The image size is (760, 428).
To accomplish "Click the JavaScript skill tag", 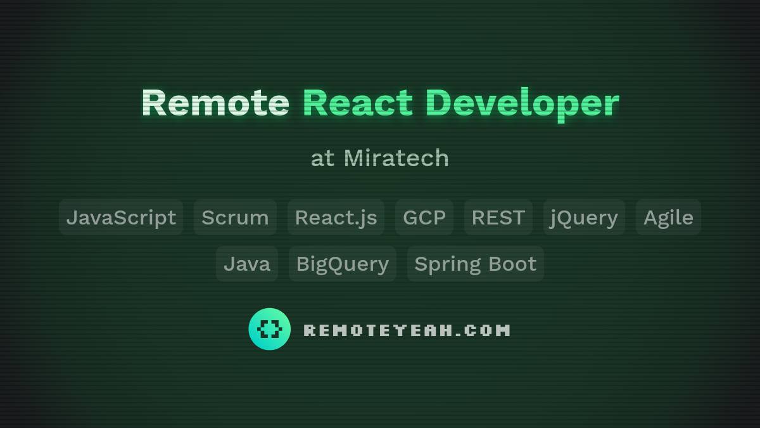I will point(121,217).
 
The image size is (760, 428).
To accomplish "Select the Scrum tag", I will point(235,217).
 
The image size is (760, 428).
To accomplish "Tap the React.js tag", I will point(336,217).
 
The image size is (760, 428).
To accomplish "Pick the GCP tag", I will point(424,217).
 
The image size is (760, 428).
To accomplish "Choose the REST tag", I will point(498,217).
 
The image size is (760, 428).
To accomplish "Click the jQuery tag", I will point(584,217).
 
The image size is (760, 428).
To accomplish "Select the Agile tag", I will point(668,217).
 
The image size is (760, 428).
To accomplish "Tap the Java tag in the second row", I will point(247,264).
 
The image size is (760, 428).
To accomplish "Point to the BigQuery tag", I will point(343,264).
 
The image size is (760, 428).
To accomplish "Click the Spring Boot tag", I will point(476,264).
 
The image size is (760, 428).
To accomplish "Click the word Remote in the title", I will point(215,103).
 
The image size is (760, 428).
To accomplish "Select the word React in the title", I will point(358,103).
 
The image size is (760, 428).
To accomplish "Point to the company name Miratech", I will point(396,158).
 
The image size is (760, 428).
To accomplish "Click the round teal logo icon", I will point(270,329).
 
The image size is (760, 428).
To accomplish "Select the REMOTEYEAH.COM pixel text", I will point(407,330).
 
